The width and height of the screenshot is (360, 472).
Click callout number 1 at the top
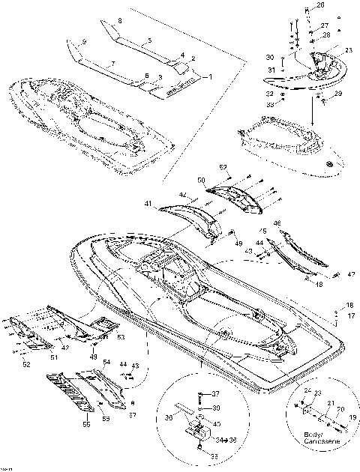tap(210, 76)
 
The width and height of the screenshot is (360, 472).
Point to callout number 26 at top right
tap(321, 7)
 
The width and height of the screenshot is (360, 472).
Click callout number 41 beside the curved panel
tap(148, 203)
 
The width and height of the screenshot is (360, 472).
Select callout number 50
tap(201, 181)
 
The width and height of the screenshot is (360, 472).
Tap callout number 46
tap(277, 223)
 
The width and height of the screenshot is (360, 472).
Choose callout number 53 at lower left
tap(121, 337)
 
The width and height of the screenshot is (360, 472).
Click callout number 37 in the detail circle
tap(216, 393)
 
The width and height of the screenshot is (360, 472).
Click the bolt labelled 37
tap(201, 394)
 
